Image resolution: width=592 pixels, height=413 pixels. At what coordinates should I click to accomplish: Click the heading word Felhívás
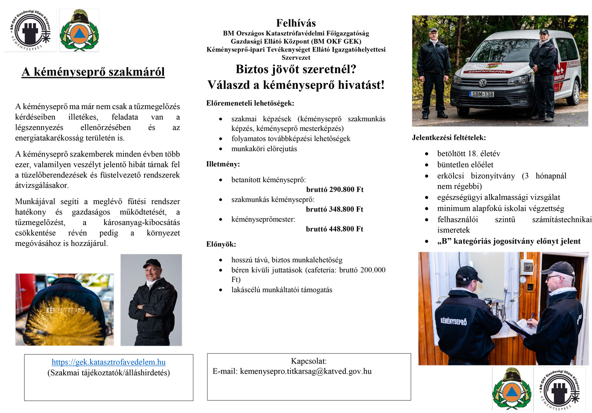pos(296,23)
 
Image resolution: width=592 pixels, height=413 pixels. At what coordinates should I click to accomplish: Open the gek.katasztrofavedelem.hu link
pos(109,362)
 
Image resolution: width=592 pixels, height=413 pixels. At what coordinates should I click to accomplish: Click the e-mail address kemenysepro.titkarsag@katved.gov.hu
pos(306,371)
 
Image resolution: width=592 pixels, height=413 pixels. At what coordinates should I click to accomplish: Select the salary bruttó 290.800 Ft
pos(335,190)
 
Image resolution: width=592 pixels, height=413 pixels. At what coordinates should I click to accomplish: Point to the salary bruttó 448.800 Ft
pos(335,229)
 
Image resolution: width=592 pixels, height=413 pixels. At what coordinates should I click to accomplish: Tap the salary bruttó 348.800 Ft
pos(335,209)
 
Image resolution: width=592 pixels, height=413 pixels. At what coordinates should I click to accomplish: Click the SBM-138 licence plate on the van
pos(482,94)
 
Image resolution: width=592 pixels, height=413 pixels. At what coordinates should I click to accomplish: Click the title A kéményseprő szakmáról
pos(93,72)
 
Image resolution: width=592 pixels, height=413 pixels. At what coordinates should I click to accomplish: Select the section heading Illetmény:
pos(223,164)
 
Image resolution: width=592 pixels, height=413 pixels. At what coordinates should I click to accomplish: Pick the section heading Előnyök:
pos(221,244)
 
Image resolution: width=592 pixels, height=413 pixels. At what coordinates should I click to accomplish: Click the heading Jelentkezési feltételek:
pos(449,138)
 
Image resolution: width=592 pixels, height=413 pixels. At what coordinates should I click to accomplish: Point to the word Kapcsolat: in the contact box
pos(309,361)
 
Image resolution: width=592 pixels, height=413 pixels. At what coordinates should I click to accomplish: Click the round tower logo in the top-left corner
pos(30,31)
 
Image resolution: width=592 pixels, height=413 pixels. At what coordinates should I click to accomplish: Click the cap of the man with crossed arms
pos(152,263)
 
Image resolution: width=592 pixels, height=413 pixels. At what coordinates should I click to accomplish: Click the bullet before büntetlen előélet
pos(427,165)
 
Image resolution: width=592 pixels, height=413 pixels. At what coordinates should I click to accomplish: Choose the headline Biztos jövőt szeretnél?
pos(296,69)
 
